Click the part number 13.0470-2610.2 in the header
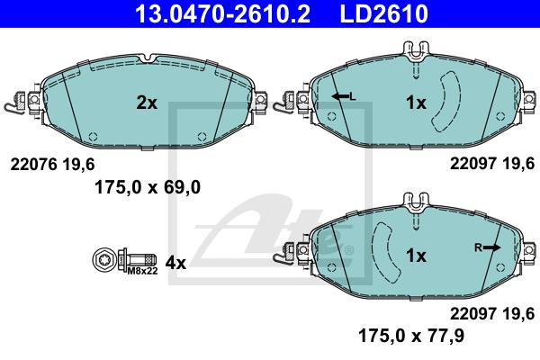(x=223, y=13)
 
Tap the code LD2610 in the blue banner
(x=384, y=13)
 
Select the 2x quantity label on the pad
(x=147, y=103)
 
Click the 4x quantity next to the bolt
(x=175, y=263)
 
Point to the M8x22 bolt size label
(x=142, y=271)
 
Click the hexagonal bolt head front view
(x=103, y=260)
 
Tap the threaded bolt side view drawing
(x=137, y=259)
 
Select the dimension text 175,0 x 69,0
(x=148, y=188)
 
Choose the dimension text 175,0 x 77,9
(x=411, y=335)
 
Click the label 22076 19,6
(x=52, y=165)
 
